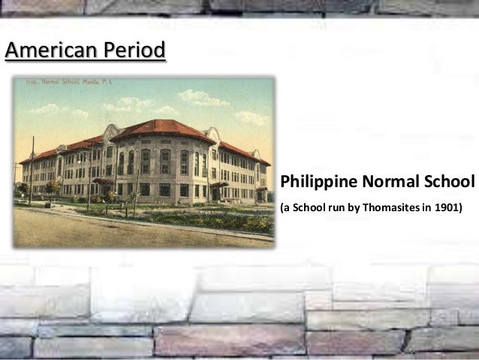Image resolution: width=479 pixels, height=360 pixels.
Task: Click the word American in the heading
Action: tap(46, 51)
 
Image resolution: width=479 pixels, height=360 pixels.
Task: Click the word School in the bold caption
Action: tap(448, 183)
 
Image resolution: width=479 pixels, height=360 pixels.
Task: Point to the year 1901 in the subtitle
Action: tap(449, 205)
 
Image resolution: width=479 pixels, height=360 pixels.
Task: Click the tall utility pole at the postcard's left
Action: tap(32, 169)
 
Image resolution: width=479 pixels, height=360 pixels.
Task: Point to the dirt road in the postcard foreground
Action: tap(113, 228)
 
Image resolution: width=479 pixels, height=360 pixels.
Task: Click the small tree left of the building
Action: tap(52, 187)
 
